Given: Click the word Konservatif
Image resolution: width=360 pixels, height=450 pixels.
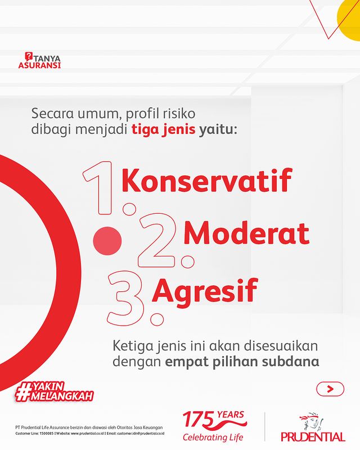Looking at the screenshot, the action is tap(206, 180).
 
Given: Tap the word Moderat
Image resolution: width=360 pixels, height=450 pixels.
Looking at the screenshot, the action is tap(246, 232).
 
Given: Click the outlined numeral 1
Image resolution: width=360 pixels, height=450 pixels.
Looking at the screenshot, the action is tap(98, 188).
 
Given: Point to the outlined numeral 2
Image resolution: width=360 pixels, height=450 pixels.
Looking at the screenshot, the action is tap(157, 240).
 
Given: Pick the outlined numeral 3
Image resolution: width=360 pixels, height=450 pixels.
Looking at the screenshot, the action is tap(125, 299).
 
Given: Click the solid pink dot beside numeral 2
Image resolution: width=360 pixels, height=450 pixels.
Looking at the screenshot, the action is tap(107, 241).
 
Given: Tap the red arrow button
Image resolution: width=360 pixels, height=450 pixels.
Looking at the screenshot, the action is tap(330, 389).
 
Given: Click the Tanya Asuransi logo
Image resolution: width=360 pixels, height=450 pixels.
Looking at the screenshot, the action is tap(39, 60).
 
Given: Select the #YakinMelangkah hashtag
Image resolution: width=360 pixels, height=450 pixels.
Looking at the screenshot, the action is tap(54, 391).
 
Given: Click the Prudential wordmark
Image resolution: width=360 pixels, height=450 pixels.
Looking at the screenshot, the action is tap(313, 437).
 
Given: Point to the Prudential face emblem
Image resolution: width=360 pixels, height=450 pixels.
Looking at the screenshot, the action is tap(312, 421).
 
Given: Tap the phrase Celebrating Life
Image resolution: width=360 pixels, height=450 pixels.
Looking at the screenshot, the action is tap(213, 438).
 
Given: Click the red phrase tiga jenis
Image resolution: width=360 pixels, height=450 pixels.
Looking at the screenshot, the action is tap(163, 129).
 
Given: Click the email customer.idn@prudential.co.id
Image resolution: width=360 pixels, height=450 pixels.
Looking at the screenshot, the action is tap(142, 433).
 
